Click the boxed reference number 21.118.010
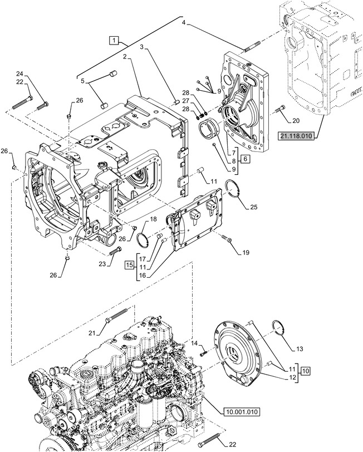pyautogui.click(x=296, y=136)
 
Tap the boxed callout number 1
pyautogui.click(x=114, y=40)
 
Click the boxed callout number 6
pyautogui.click(x=245, y=159)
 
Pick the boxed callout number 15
pyautogui.click(x=130, y=264)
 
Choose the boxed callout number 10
pyautogui.click(x=306, y=371)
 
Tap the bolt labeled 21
pyautogui.click(x=116, y=315)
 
